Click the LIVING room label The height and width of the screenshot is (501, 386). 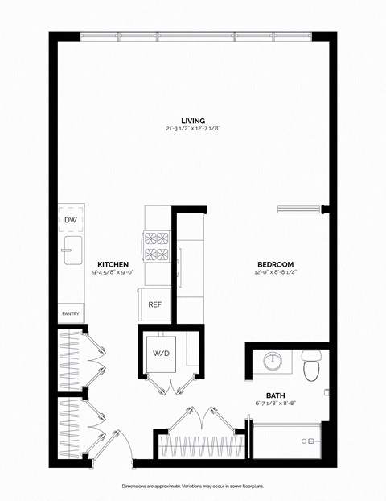(192, 121)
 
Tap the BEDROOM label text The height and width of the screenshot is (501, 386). (275, 264)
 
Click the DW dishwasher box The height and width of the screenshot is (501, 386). (70, 219)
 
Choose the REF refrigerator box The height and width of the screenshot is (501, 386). (155, 304)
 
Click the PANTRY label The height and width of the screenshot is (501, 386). (70, 313)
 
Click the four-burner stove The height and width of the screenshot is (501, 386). (157, 246)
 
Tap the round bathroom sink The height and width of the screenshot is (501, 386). (273, 362)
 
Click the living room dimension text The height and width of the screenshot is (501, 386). (192, 130)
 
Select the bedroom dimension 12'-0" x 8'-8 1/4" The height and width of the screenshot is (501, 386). (275, 273)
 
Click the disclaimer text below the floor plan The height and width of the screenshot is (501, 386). (192, 487)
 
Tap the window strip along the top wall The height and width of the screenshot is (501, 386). (195, 36)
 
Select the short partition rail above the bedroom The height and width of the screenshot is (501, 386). (301, 209)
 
